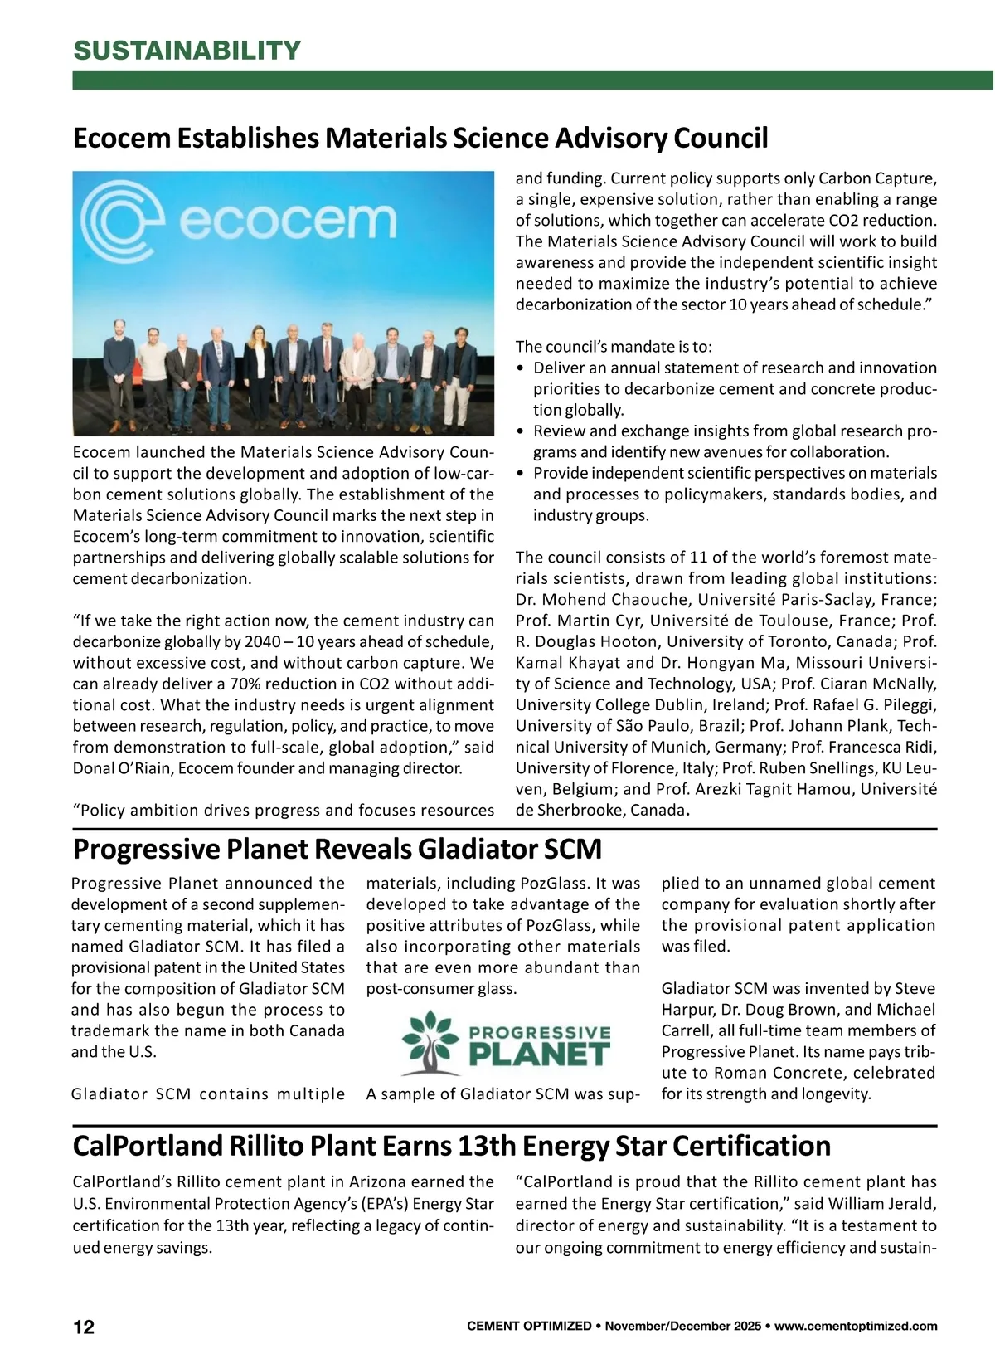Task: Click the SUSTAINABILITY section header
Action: (x=187, y=51)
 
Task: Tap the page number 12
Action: (x=84, y=1327)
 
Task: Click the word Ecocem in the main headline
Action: (x=121, y=138)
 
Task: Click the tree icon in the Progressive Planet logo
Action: (x=430, y=1042)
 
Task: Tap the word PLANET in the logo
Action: (x=539, y=1055)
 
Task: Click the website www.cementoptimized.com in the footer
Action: (x=856, y=1327)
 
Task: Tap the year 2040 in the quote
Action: (x=262, y=642)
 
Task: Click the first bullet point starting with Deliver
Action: (x=735, y=368)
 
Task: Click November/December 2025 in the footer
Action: (x=682, y=1327)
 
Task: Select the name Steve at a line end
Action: (x=915, y=989)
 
